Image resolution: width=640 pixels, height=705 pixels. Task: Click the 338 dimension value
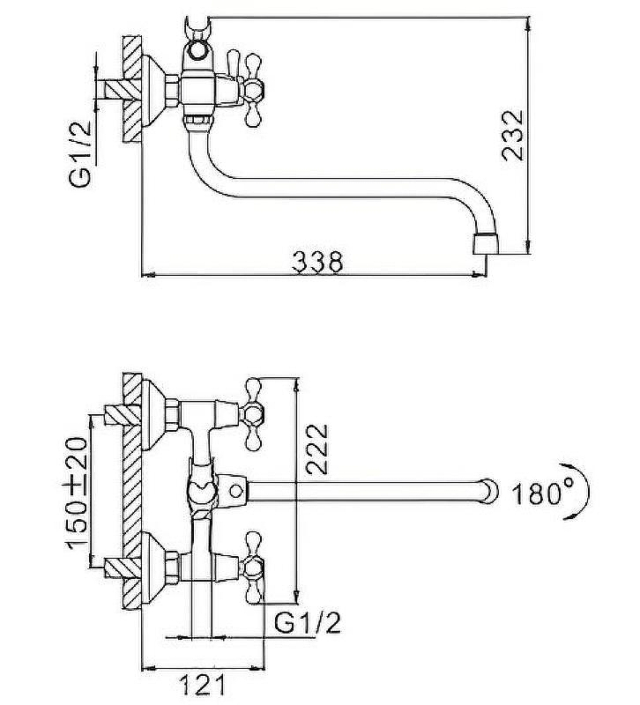[317, 262]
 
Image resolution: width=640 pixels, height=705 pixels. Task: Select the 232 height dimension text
[513, 136]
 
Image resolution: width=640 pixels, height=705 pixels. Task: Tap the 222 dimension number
[317, 449]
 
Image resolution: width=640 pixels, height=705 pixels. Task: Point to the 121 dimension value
[202, 686]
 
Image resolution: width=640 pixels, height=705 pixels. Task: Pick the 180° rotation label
[538, 493]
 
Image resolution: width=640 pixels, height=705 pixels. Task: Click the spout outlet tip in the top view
[487, 244]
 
